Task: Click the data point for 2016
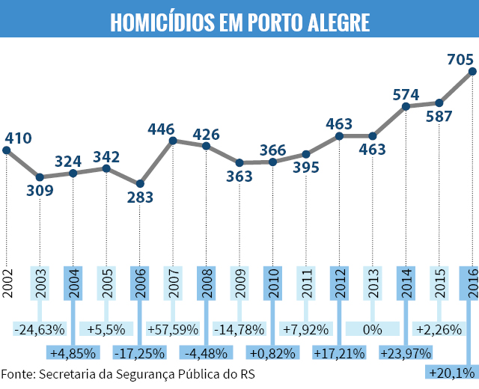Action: click(472, 72)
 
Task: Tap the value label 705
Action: click(460, 60)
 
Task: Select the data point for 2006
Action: click(140, 183)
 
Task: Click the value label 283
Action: click(140, 197)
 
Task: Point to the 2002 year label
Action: click(7, 284)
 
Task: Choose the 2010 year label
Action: click(272, 284)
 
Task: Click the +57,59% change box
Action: click(173, 329)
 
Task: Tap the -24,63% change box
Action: click(40, 329)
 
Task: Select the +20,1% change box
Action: click(452, 373)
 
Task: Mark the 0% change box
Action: click(373, 329)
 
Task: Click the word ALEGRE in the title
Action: click(338, 22)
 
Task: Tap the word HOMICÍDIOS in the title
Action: click(162, 22)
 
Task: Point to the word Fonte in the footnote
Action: click(18, 374)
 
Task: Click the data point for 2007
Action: click(173, 141)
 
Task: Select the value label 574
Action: click(406, 95)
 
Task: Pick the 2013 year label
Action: click(373, 284)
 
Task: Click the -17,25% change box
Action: click(140, 352)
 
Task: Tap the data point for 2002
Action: click(7, 150)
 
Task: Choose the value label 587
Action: click(439, 117)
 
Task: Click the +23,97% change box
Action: click(406, 352)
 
